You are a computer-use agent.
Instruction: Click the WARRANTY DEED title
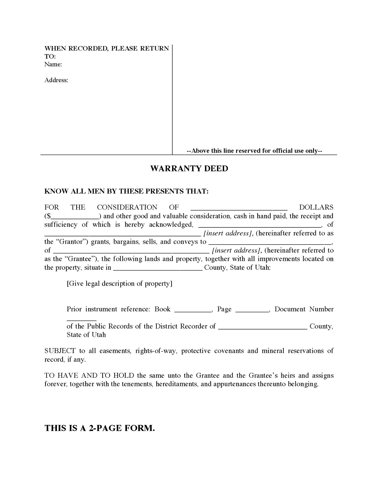(189, 169)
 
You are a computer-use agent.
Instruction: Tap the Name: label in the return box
(53, 64)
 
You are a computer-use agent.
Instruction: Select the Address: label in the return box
(56, 80)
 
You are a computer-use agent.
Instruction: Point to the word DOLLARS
(316, 207)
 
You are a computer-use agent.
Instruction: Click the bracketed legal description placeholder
(119, 284)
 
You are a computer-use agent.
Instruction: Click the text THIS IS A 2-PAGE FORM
(100, 428)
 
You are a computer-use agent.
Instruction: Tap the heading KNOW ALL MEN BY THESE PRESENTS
(126, 191)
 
